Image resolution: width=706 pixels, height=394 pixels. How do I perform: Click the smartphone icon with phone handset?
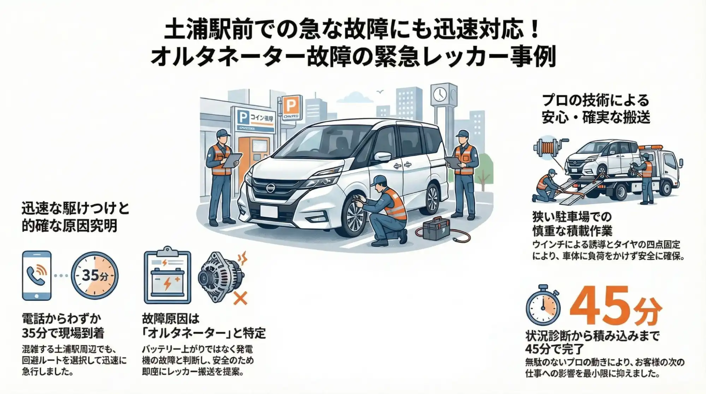(x=37, y=276)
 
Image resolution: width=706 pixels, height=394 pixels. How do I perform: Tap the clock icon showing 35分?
(x=95, y=276)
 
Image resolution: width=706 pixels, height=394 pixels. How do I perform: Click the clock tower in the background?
(x=444, y=102)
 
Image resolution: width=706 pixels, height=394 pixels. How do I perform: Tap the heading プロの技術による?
(x=595, y=101)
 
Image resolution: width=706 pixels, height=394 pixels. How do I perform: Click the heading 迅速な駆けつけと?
(x=75, y=209)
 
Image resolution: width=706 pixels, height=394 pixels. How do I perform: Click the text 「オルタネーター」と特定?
(x=204, y=333)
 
